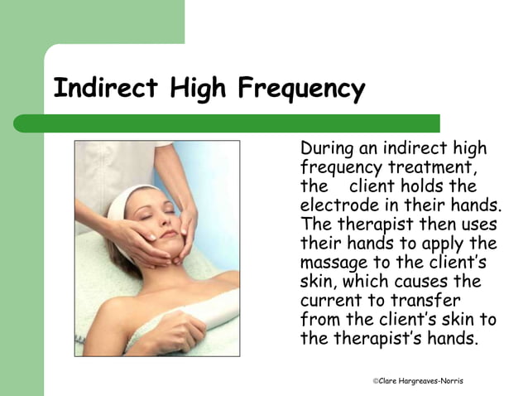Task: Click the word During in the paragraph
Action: pos(326,149)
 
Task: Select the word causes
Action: pos(428,283)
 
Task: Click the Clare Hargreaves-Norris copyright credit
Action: pos(418,380)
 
